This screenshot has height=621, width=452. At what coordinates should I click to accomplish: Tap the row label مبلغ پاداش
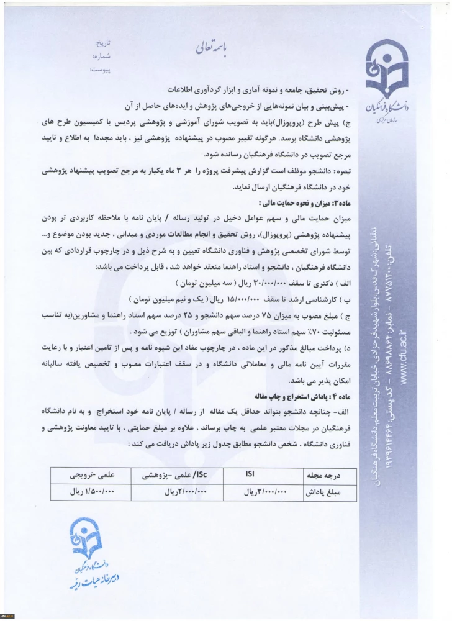click(x=322, y=491)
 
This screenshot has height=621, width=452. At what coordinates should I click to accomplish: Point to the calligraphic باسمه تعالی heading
click(x=212, y=47)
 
